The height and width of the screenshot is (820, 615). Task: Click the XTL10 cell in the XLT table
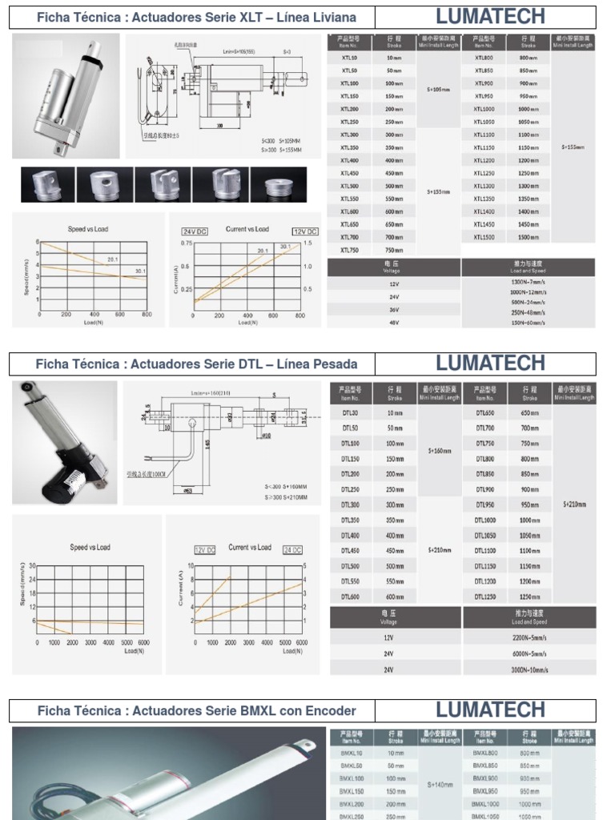pyautogui.click(x=349, y=58)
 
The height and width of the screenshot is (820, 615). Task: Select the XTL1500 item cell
pyautogui.click(x=484, y=237)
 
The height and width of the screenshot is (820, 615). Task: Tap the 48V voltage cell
pyautogui.click(x=393, y=323)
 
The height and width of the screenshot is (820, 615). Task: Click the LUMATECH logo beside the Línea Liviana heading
pyautogui.click(x=490, y=16)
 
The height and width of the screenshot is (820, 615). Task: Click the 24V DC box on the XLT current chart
pyautogui.click(x=195, y=231)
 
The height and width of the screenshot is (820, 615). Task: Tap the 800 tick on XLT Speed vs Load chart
pyautogui.click(x=147, y=316)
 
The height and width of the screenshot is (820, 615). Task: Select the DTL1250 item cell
pyautogui.click(x=485, y=597)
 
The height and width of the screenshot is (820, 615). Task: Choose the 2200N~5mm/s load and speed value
pyautogui.click(x=529, y=639)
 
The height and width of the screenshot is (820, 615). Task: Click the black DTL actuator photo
pyautogui.click(x=64, y=443)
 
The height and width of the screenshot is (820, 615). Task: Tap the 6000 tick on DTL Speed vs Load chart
pyautogui.click(x=143, y=642)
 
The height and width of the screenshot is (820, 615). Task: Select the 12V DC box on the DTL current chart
pyautogui.click(x=205, y=550)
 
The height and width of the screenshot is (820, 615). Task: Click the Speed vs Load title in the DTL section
pyautogui.click(x=90, y=548)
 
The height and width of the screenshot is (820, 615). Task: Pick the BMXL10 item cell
pyautogui.click(x=352, y=754)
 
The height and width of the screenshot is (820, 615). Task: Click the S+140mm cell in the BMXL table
pyautogui.click(x=440, y=785)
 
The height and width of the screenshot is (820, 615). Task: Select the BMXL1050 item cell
pyautogui.click(x=485, y=815)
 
